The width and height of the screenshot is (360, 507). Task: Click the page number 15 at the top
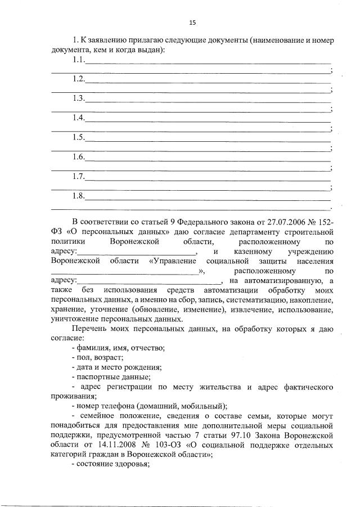click(192, 23)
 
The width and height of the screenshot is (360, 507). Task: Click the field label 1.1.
click(78, 60)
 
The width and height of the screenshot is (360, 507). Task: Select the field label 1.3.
click(78, 98)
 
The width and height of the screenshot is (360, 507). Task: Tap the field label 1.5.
click(78, 137)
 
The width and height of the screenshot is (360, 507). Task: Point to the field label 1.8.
click(78, 196)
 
